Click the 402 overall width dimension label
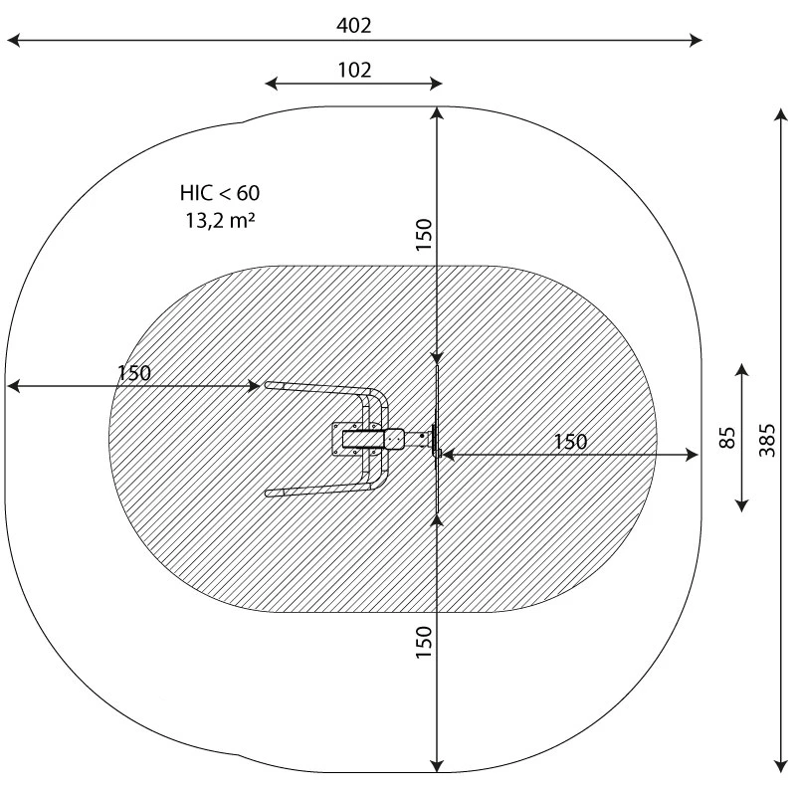[354, 26]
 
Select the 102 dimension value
[354, 70]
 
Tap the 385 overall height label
[767, 440]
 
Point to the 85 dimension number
[727, 438]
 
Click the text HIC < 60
[220, 193]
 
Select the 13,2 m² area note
[220, 220]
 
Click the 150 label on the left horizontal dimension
[134, 373]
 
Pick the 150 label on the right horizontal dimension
[570, 442]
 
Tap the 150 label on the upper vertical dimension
[424, 235]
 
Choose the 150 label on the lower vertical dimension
[424, 642]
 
